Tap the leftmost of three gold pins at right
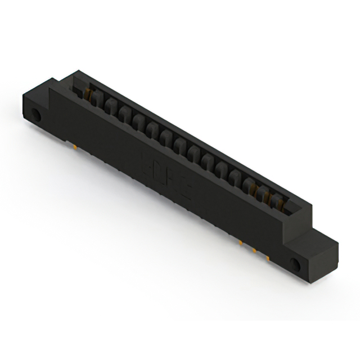point(240,243)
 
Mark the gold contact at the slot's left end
point(88,93)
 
